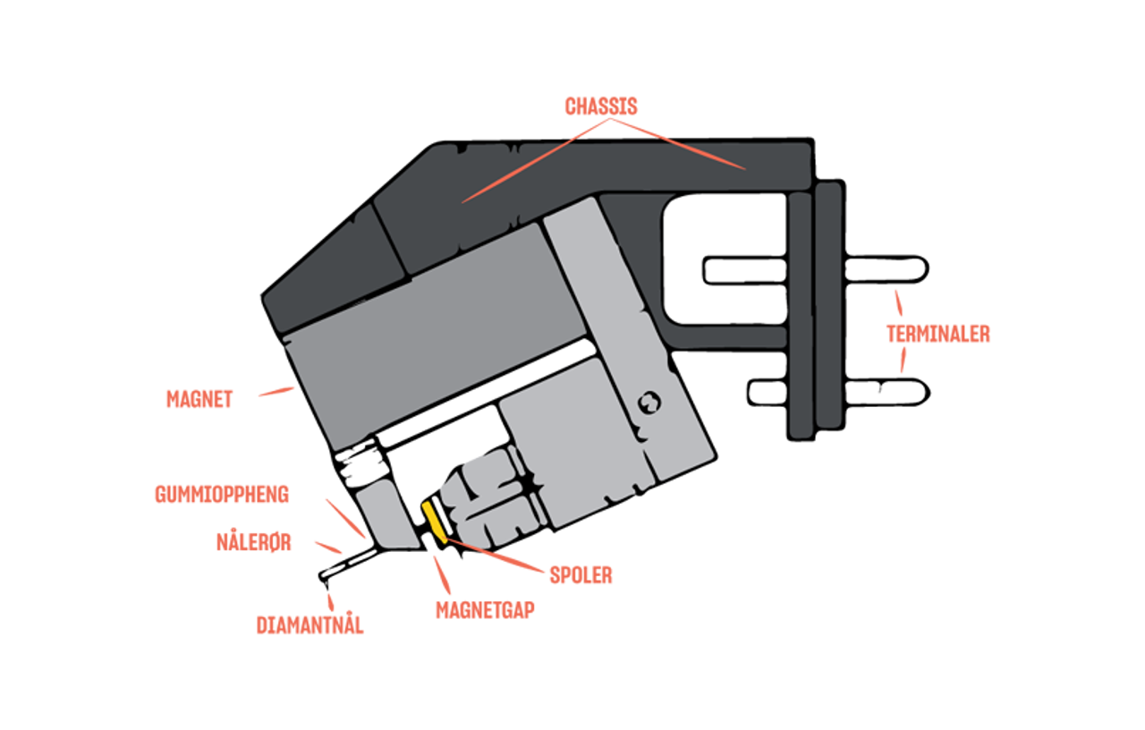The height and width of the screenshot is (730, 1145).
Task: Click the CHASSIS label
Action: tap(601, 106)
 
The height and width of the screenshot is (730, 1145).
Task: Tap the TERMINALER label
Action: tap(938, 334)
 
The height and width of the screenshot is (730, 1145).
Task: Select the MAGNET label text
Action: tap(199, 399)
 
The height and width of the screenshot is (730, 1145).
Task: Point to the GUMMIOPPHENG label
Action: tap(222, 495)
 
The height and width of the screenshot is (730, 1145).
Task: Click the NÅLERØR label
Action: tap(253, 542)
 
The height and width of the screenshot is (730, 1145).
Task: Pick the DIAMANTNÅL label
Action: tap(310, 624)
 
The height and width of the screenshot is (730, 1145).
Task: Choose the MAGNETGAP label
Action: tap(485, 610)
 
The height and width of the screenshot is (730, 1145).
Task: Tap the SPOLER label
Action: tap(581, 575)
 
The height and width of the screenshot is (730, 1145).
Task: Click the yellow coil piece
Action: tap(435, 522)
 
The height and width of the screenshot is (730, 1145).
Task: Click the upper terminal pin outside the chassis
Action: tap(886, 269)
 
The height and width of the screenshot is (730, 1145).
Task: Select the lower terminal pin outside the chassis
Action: tap(886, 393)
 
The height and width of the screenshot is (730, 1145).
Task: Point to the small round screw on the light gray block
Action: tap(649, 403)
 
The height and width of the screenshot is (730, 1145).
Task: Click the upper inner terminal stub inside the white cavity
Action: tap(745, 271)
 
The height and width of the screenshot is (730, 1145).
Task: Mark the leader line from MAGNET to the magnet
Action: tap(276, 392)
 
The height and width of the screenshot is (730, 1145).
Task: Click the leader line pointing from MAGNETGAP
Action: tap(442, 574)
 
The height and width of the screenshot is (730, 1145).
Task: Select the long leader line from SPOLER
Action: tap(494, 556)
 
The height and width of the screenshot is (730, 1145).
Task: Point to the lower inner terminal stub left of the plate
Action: tap(768, 393)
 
